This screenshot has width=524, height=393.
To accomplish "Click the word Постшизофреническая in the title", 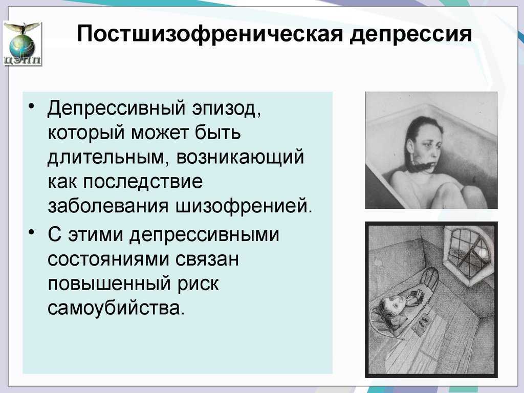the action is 210,34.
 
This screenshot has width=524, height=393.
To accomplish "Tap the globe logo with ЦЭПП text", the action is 23,43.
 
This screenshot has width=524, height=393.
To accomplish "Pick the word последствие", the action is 142,182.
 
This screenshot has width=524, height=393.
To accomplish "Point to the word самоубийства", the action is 116,308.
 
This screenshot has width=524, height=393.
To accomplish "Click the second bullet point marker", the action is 31,232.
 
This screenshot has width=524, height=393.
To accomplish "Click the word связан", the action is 208,258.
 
